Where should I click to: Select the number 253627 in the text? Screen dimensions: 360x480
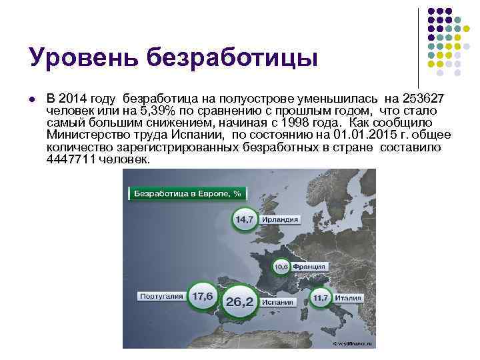click(x=428, y=99)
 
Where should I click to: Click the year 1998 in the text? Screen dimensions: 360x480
click(x=295, y=123)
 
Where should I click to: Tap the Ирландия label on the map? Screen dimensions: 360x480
click(x=279, y=220)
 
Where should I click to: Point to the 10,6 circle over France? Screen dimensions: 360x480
click(x=281, y=267)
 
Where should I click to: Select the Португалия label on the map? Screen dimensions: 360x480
click(x=160, y=295)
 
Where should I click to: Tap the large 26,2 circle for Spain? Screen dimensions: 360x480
click(x=239, y=302)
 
